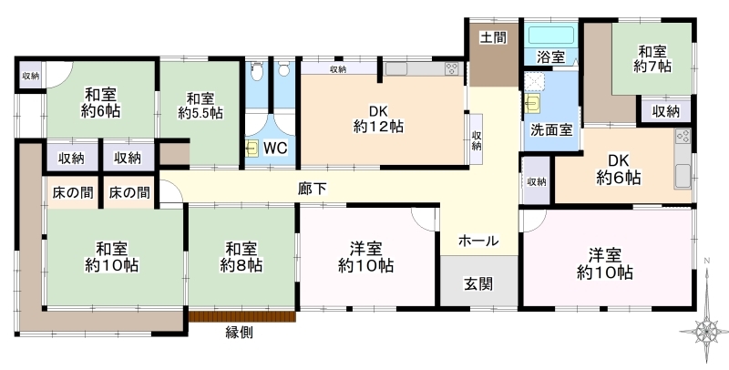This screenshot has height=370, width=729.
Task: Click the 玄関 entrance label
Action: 478,283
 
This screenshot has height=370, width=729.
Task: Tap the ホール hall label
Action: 478,241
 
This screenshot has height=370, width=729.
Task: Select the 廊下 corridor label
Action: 313,189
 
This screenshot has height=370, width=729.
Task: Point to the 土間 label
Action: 493,37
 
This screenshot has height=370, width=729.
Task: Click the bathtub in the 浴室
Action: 551,36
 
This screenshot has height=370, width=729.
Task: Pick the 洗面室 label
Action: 551,130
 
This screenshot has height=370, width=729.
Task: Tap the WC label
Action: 275,149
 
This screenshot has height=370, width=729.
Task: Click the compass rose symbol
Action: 706,331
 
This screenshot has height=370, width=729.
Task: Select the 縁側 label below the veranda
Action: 240,333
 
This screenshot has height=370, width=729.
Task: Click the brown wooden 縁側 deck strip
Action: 242,316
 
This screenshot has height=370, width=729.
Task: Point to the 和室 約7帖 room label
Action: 652,58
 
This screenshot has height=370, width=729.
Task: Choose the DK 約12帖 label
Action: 378,119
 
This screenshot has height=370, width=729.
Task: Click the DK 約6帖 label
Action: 619,170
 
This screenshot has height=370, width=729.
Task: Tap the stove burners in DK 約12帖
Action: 452,68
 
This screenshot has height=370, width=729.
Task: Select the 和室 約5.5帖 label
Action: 200,106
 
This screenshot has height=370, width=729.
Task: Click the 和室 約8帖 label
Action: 241,257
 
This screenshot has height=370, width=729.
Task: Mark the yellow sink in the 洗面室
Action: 532,103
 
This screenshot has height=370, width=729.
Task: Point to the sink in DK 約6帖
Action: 683,176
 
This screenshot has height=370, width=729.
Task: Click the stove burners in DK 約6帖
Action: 683,136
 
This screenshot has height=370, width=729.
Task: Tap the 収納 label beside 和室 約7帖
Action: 665,111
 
